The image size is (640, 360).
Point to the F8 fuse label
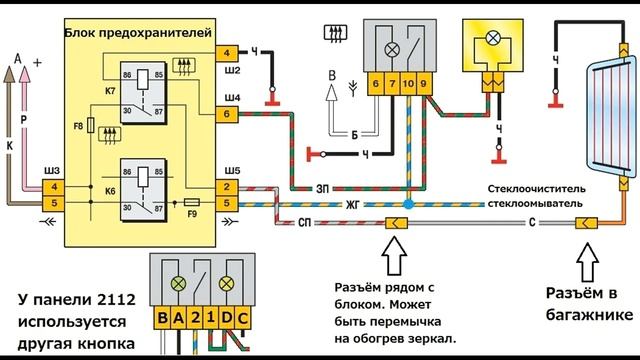78,127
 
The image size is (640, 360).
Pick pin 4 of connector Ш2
227,53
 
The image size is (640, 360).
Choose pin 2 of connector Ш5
227,187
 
